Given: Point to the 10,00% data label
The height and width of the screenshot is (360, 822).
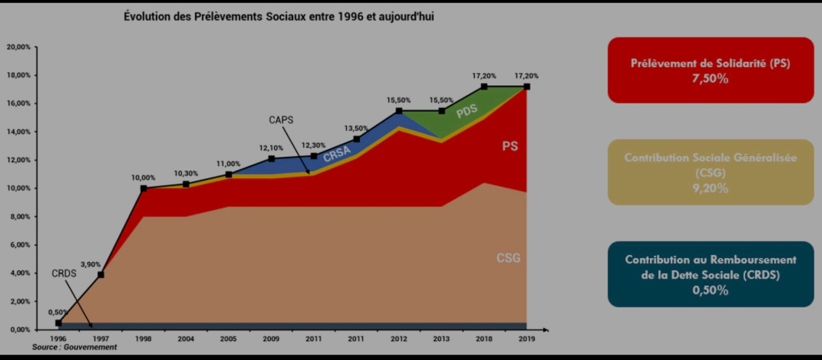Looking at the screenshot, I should tap(143, 178).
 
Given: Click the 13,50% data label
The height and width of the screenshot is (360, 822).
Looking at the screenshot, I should tap(356, 129).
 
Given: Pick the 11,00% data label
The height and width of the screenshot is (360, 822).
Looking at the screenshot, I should tap(228, 164).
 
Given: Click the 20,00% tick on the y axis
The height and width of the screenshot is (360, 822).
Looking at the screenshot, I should tap(18, 47).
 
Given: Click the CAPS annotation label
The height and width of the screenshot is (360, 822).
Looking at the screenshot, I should tap(281, 120).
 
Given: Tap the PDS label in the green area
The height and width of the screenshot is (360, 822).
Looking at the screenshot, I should tap(467, 111).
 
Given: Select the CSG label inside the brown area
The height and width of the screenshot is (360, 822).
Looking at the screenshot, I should tap(508, 258).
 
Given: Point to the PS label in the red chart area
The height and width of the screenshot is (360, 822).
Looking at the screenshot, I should tap(510, 145).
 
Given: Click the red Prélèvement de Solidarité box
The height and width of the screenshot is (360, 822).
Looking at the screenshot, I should tap(710, 70).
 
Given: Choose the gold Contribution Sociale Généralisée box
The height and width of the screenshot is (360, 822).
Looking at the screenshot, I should tap(710, 172).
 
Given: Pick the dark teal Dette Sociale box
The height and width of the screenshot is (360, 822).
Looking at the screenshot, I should tap(710, 274).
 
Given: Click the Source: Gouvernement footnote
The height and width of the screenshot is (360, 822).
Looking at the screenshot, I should tap(75, 347).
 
